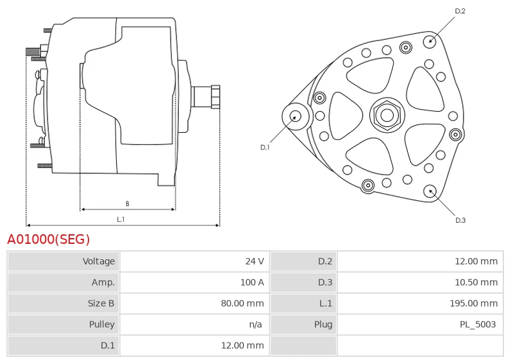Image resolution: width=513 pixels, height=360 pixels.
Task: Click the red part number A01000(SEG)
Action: [x=49, y=239]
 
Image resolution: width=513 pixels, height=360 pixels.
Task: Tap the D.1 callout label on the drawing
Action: [x=265, y=148]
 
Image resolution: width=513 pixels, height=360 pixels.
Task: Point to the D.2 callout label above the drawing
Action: [x=460, y=11]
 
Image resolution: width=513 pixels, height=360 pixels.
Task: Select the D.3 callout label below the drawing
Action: [x=460, y=220]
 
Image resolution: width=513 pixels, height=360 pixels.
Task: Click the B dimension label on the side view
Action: [x=127, y=203]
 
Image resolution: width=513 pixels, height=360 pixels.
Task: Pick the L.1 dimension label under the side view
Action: [x=121, y=219]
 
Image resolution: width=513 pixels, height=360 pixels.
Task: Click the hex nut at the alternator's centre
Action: [x=387, y=115]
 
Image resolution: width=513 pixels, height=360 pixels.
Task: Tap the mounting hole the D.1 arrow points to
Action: [x=296, y=117]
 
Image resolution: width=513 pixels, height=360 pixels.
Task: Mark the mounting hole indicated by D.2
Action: [x=430, y=41]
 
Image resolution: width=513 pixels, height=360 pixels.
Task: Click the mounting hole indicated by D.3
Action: [x=430, y=192]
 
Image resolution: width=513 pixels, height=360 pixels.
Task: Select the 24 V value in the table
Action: [x=255, y=261]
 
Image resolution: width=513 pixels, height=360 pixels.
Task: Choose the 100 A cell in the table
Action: [x=252, y=282]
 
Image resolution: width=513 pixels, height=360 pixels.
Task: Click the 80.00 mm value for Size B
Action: [x=242, y=303]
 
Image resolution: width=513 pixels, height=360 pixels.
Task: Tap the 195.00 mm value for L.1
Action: [x=474, y=303]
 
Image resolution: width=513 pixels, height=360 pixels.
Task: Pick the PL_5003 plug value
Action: [x=478, y=324]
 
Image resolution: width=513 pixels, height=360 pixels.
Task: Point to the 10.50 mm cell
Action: [x=476, y=282]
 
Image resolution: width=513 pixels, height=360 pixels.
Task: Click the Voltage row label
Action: [x=99, y=261]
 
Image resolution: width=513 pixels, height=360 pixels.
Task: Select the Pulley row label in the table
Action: [x=102, y=324]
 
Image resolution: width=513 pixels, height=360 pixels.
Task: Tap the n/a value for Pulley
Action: [x=255, y=324]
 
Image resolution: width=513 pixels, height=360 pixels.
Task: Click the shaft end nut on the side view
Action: [x=215, y=96]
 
